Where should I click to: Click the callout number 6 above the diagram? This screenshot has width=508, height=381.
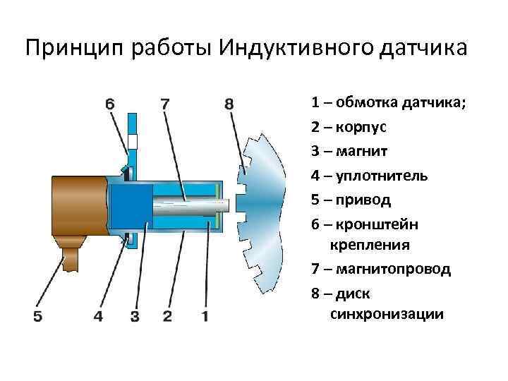click(x=110, y=104)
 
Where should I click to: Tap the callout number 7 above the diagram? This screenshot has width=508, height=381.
click(x=164, y=104)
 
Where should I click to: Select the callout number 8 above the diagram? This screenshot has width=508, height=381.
click(x=229, y=104)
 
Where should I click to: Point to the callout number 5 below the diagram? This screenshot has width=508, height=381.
click(x=37, y=316)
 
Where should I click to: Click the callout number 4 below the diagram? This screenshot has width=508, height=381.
click(x=98, y=316)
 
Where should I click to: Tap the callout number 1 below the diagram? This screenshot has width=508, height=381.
click(x=205, y=316)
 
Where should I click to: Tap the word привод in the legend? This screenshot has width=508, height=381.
click(x=365, y=200)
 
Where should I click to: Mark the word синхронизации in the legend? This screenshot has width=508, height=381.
click(x=387, y=314)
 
